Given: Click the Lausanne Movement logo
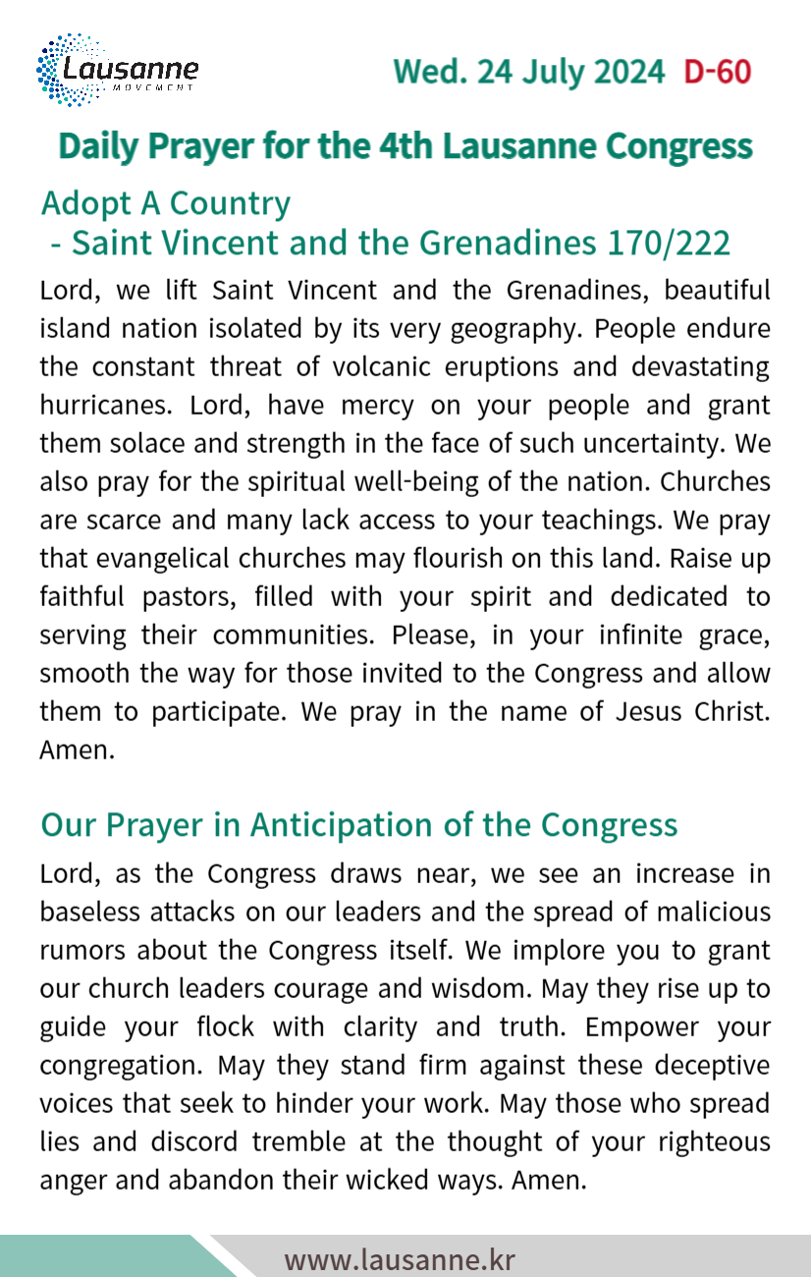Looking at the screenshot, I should pyautogui.click(x=117, y=70).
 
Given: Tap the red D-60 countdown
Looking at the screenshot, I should pyautogui.click(x=717, y=72).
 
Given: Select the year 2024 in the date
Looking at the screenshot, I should pyautogui.click(x=624, y=72).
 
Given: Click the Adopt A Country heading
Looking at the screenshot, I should pyautogui.click(x=166, y=203).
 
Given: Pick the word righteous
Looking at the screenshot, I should pyautogui.click(x=709, y=1142).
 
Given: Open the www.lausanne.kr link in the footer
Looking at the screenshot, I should pyautogui.click(x=400, y=1259).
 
